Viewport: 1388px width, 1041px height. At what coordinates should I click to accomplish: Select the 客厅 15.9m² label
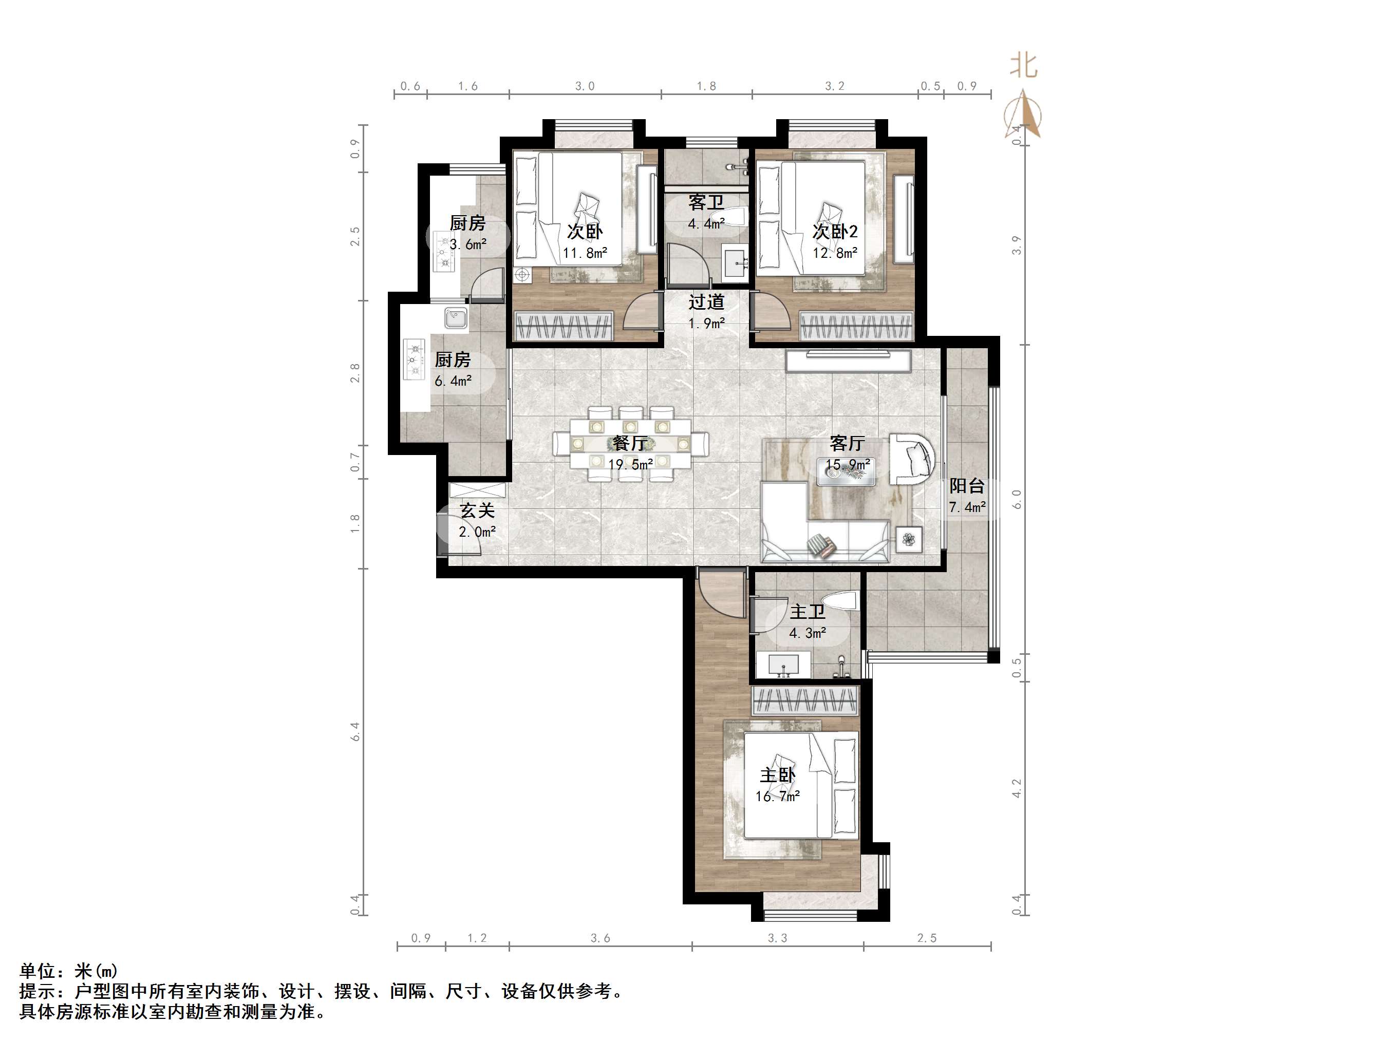coord(847,453)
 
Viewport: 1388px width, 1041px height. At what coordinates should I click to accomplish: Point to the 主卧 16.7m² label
coord(777,785)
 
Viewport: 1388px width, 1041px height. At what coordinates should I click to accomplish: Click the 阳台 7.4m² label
coord(966,496)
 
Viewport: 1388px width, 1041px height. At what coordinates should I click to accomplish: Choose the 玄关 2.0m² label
coord(478,521)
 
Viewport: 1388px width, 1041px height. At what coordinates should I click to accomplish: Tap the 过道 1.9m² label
coord(706,312)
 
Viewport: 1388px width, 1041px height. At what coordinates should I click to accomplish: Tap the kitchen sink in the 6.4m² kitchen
coord(456,317)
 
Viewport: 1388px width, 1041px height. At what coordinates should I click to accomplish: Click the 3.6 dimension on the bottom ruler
coord(600,938)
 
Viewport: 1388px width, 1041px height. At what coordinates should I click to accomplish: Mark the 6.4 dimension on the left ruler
coord(355,732)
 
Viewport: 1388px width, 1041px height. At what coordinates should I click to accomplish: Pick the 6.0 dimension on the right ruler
coord(1017,500)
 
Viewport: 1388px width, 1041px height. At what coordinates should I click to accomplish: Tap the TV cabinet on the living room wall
coord(848,362)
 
